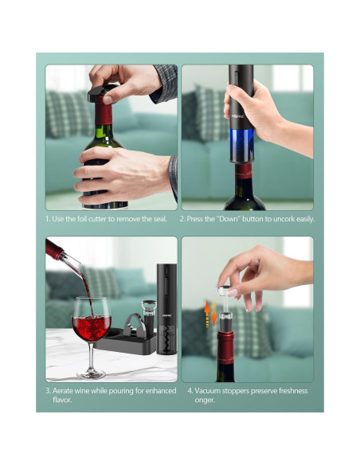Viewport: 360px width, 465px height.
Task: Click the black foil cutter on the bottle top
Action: (x=102, y=92)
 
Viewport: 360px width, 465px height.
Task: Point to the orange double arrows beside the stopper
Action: (x=210, y=314)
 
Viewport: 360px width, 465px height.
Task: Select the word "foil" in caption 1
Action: (x=81, y=219)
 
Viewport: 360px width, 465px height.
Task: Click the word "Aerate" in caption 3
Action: (x=62, y=391)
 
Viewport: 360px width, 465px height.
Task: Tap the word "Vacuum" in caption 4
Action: (x=207, y=391)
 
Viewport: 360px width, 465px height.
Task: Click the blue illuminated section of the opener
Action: (x=241, y=145)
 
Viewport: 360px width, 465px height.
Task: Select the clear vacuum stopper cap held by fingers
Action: (x=225, y=291)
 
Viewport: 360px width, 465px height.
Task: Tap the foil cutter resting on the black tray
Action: (x=135, y=326)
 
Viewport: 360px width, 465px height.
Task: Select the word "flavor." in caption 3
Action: (x=62, y=400)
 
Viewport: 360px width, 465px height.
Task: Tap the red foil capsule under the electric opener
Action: (x=243, y=171)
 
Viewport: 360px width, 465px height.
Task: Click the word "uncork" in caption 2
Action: (x=284, y=219)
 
